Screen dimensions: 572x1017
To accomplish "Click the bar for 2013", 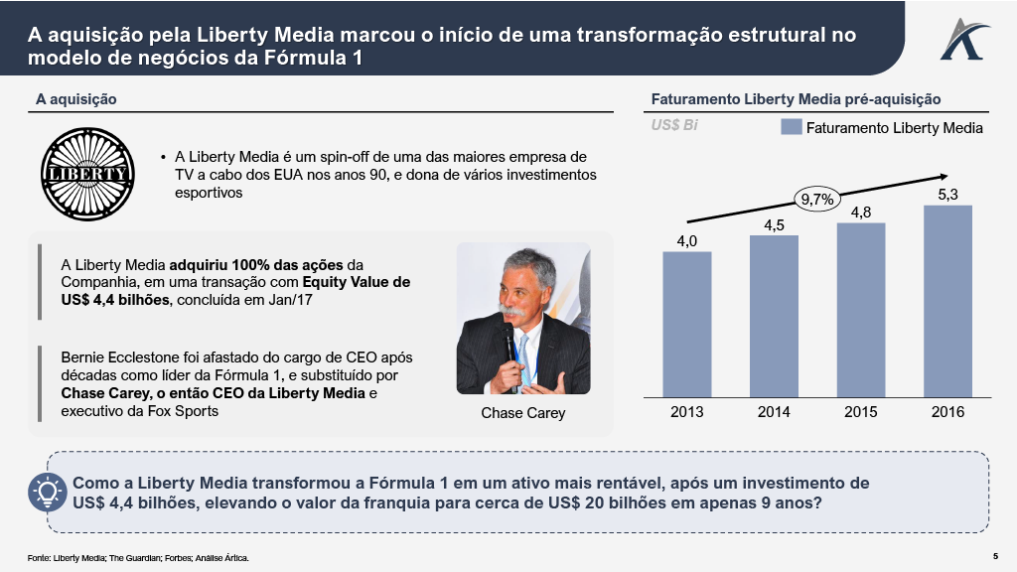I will tap(687, 323).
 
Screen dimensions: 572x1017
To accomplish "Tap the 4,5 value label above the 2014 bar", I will tap(774, 225).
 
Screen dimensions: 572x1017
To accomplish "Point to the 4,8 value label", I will tap(860, 213).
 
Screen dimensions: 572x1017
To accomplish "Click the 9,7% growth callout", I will tap(816, 200).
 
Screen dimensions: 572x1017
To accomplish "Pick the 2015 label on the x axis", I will tap(860, 411).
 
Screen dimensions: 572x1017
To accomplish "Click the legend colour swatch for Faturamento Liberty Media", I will tap(791, 127).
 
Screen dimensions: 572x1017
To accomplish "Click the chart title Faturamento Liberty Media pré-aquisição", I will tap(796, 99).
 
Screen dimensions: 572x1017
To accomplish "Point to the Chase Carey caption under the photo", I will tap(522, 412).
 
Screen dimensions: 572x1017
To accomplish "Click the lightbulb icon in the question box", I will tap(47, 492).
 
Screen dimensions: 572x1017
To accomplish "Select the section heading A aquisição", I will tap(76, 99).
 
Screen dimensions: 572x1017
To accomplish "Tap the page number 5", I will tap(994, 555).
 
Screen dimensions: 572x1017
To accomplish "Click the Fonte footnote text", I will tap(138, 558).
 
